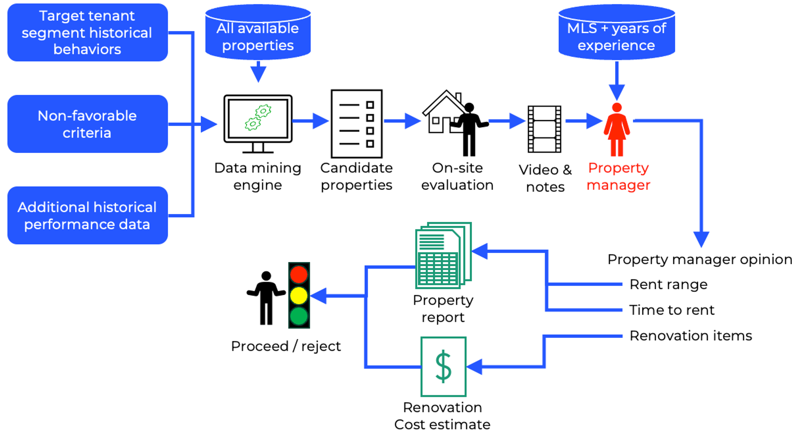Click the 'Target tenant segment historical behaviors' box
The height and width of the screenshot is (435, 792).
(x=88, y=32)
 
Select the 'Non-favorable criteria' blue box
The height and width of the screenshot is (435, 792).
(x=88, y=124)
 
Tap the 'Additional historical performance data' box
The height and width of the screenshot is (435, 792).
(x=88, y=216)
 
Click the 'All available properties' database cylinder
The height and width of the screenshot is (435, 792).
(x=258, y=32)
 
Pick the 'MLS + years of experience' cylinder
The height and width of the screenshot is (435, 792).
(x=617, y=32)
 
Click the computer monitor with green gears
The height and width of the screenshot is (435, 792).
(x=258, y=124)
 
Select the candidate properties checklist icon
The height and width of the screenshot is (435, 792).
(x=357, y=124)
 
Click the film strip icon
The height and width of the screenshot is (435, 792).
(x=544, y=129)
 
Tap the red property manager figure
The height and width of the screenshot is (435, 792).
(x=617, y=130)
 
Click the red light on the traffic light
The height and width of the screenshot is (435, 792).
(x=299, y=275)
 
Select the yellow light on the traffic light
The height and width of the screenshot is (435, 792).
(x=299, y=296)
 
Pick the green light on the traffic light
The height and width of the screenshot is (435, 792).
(x=299, y=316)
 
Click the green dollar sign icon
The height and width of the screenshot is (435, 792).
(x=444, y=366)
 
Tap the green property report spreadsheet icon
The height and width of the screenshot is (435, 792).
(x=444, y=255)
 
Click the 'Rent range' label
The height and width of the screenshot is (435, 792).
(x=668, y=284)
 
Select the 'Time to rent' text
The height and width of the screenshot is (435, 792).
(x=672, y=310)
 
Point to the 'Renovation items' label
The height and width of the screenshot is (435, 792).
(x=691, y=336)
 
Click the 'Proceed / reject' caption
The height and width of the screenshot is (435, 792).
(x=286, y=346)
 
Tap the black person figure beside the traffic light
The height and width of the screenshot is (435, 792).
(x=266, y=298)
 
